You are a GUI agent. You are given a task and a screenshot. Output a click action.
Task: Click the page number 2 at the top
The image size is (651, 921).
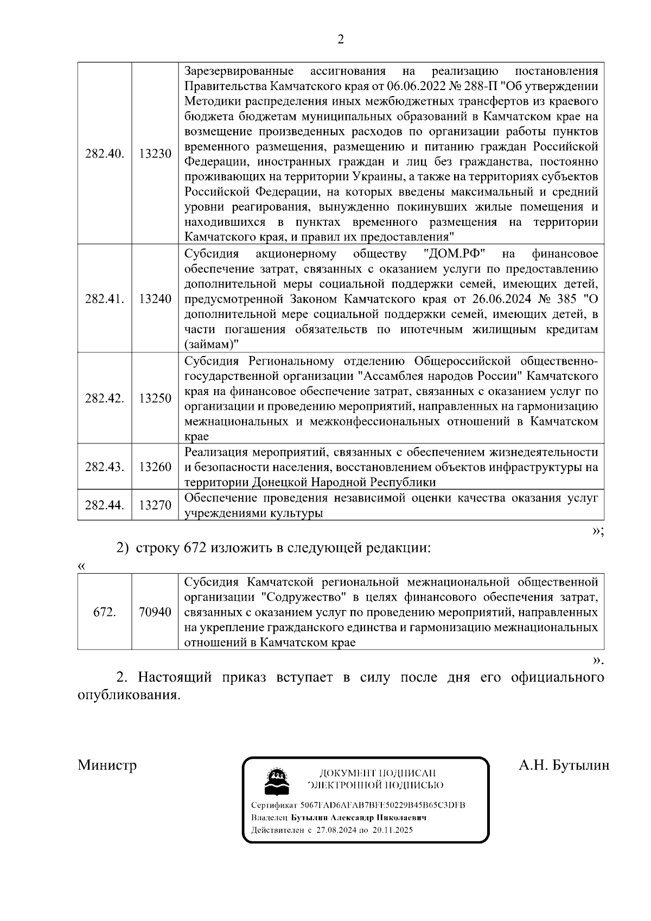[x=341, y=40]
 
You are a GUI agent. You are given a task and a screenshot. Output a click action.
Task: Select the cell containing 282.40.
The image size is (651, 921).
[x=104, y=154]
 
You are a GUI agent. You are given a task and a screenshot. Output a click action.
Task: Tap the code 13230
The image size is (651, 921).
[x=155, y=154]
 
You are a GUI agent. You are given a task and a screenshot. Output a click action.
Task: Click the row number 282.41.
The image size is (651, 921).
[x=104, y=299]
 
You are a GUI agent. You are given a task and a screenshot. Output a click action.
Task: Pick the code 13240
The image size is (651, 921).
[x=155, y=299]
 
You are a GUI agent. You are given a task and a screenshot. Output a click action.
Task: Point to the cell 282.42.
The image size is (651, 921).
[x=104, y=398]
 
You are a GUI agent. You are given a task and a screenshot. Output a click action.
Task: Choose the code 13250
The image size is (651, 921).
[x=155, y=398]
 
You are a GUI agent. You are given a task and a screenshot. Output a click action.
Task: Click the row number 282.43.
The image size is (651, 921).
[x=104, y=467]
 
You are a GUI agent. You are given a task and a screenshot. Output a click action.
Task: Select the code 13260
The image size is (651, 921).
[x=155, y=467]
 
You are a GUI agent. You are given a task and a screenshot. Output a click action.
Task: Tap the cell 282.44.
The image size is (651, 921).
[x=104, y=505]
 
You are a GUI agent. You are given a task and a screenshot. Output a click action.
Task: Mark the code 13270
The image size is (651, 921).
[x=155, y=505]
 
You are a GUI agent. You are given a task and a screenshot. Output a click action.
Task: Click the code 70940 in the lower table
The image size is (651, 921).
[x=155, y=612]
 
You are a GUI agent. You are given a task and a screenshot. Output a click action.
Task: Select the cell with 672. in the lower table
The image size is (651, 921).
[x=104, y=612]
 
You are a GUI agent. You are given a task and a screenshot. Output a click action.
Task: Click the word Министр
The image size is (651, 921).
[x=107, y=765]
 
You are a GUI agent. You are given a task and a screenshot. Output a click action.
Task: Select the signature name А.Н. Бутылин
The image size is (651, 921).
[x=564, y=765]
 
